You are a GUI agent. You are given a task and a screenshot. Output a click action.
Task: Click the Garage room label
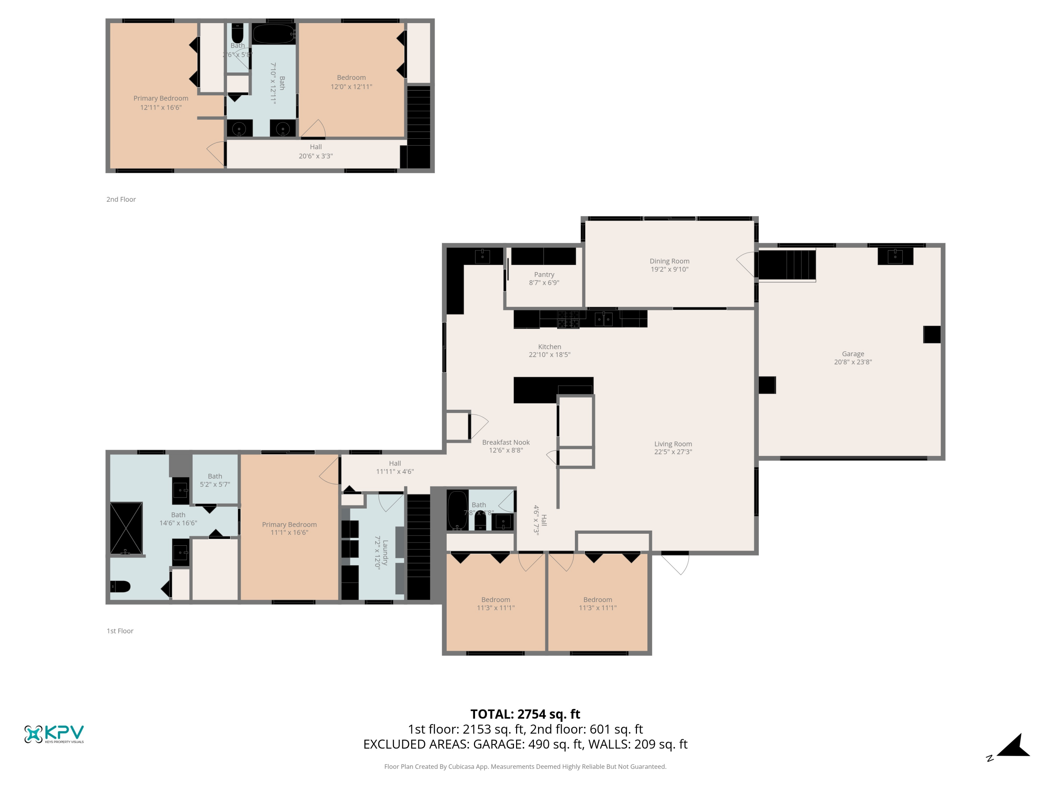coord(852,354)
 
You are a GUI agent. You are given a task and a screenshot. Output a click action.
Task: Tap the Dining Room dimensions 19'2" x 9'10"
coord(669,269)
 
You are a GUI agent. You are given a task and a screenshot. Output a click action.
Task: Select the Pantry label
coord(544,275)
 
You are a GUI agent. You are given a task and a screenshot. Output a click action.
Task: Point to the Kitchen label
coord(549,347)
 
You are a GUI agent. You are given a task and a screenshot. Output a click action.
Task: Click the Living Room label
coord(673,444)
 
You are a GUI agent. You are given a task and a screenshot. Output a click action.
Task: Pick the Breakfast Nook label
coord(506,442)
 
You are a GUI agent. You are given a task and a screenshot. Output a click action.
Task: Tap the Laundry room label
coord(385,552)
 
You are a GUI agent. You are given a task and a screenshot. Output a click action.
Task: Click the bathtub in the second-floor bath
coord(273,34)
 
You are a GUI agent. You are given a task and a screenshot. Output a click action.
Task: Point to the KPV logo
coord(54,734)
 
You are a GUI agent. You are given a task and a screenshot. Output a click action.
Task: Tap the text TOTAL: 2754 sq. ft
coord(525,714)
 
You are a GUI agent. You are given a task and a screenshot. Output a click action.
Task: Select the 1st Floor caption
coord(120,631)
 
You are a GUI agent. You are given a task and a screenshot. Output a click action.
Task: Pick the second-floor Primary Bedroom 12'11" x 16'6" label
coord(160,103)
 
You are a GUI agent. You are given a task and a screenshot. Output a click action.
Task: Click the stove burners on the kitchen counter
coord(568,319)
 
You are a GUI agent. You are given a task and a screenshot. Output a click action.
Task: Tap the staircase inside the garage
coord(787,265)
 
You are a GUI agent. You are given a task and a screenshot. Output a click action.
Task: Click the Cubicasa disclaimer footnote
coord(525,767)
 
